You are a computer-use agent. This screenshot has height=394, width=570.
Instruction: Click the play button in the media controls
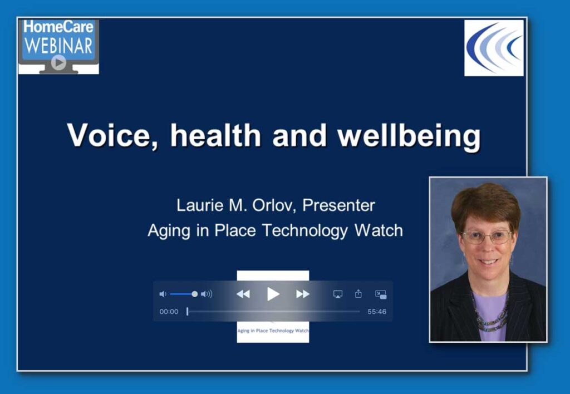(x=273, y=294)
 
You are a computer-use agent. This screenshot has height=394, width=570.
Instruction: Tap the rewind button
(x=243, y=294)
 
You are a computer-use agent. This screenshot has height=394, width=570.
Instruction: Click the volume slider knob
(x=195, y=294)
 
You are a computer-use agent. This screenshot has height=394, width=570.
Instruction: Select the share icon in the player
(x=358, y=294)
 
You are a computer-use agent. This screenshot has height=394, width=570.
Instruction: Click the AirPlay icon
(x=338, y=294)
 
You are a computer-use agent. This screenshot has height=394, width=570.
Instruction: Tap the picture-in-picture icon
(x=381, y=294)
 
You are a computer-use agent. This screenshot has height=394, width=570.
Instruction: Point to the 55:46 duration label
(x=377, y=312)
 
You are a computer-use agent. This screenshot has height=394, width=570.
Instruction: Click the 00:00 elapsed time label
(x=169, y=312)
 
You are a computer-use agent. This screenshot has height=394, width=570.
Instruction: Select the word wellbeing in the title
(x=409, y=136)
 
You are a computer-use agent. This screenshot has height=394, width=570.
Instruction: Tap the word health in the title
(x=215, y=135)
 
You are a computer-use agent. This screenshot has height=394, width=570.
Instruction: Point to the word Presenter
(x=338, y=205)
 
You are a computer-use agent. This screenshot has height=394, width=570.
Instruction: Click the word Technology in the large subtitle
(x=305, y=230)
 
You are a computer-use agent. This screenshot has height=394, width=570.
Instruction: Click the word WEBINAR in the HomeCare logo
(x=58, y=46)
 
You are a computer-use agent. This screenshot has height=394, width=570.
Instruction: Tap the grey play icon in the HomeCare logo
(x=58, y=62)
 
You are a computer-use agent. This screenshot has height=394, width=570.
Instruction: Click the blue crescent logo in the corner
(x=494, y=47)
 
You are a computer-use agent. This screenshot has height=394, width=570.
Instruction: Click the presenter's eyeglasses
(x=487, y=237)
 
